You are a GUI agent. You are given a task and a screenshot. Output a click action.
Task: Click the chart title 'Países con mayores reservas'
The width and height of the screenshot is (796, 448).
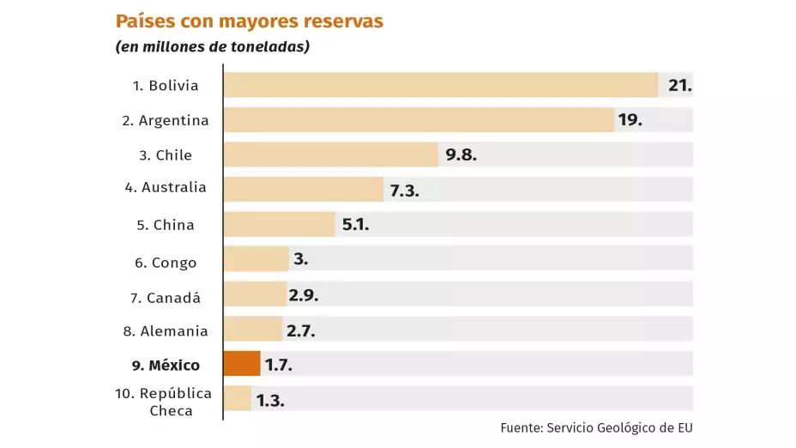[x=249, y=21]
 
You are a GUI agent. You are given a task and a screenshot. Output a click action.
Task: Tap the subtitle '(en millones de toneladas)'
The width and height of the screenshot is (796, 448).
[x=212, y=47]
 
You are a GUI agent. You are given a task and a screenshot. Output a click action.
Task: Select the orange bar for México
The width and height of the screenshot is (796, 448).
[x=242, y=364]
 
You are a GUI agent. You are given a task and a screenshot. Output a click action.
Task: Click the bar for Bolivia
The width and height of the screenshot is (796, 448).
[x=440, y=85]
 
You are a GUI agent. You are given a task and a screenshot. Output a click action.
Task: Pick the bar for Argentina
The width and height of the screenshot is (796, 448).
[x=419, y=119]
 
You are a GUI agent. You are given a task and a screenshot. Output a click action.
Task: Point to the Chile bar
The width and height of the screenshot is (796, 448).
[x=331, y=154]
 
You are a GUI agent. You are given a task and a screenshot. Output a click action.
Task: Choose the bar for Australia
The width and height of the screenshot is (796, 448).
[x=304, y=190]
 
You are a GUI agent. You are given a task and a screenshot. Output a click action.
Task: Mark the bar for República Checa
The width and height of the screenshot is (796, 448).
[x=238, y=399]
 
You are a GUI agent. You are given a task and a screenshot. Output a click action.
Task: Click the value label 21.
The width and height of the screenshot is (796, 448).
[x=679, y=85]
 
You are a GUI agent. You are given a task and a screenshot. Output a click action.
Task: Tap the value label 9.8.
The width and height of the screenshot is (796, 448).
[x=461, y=155]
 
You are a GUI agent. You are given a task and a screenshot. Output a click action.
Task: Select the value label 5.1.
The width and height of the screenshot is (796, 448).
[x=355, y=225]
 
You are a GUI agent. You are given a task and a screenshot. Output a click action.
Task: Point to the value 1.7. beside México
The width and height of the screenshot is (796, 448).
[x=279, y=365]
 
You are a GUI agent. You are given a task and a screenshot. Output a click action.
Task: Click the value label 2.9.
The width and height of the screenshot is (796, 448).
[x=304, y=295]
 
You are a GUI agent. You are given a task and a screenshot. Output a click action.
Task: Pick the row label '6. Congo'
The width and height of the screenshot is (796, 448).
[x=166, y=263]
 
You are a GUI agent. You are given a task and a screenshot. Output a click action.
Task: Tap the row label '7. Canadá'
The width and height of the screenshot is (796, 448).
[x=166, y=298]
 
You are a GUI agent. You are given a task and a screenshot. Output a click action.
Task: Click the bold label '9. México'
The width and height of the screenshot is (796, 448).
[x=166, y=366]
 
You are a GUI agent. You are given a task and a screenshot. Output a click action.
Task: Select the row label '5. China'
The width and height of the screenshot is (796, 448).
[x=166, y=225]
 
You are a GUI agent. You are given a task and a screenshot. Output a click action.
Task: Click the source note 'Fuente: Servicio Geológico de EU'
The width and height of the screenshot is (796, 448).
[x=596, y=427]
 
